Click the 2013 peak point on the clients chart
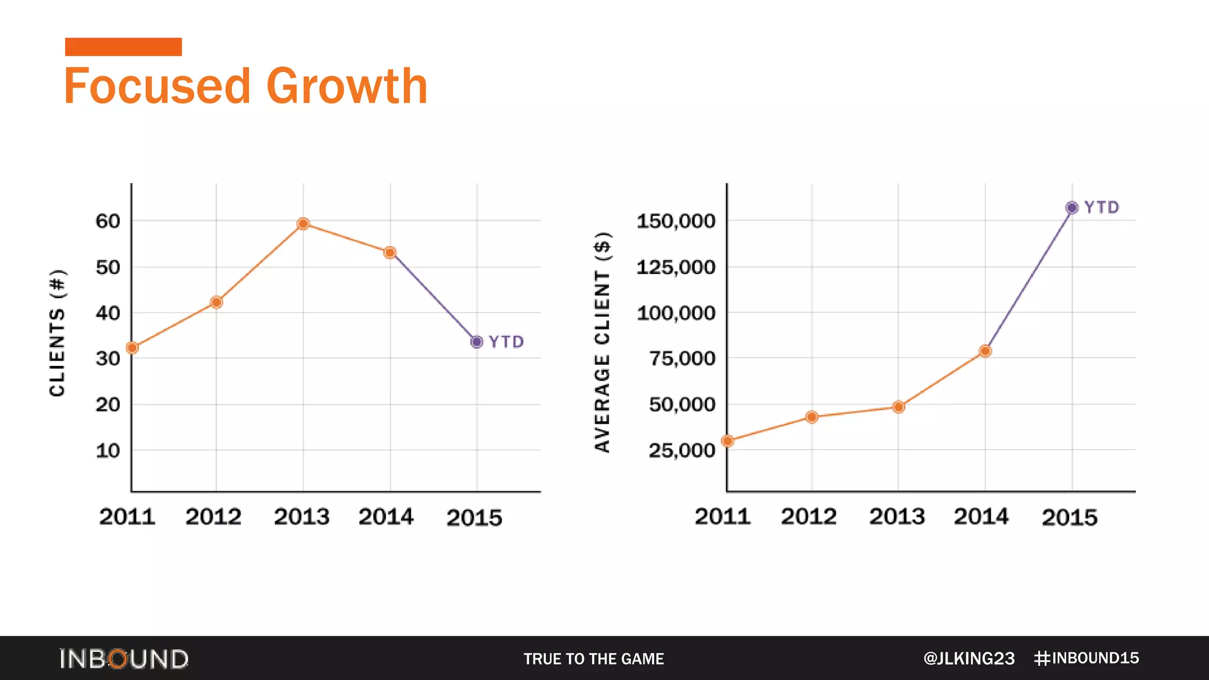(x=303, y=224)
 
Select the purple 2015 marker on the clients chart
(x=476, y=342)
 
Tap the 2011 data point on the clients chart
(x=132, y=348)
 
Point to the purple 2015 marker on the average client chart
(x=1071, y=208)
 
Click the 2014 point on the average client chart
(x=985, y=351)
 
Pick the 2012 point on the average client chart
(x=812, y=417)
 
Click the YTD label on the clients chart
(x=507, y=342)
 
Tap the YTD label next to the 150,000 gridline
(x=1102, y=208)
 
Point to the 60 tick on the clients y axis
(x=108, y=221)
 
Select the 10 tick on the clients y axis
(x=108, y=451)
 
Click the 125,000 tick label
(x=676, y=267)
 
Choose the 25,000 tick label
(x=682, y=451)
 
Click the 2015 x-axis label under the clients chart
(x=474, y=518)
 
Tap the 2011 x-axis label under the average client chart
(x=722, y=517)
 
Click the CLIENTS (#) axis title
(x=57, y=333)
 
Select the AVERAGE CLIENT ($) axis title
(x=602, y=342)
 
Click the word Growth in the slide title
(x=347, y=86)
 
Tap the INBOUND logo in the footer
(x=124, y=659)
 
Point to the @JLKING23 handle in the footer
(x=969, y=659)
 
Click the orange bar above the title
(x=123, y=47)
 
